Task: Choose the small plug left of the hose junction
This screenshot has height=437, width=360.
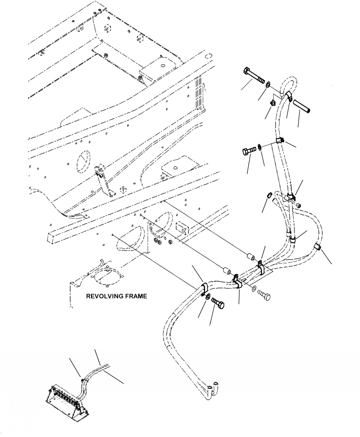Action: pyautogui.click(x=269, y=196)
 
